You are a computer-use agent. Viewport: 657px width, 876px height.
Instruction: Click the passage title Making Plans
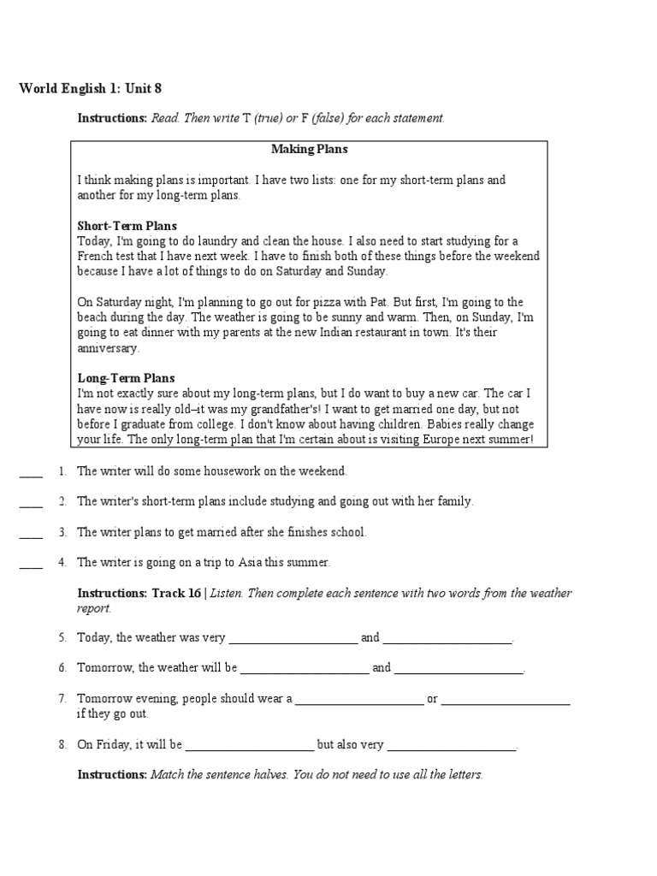(310, 149)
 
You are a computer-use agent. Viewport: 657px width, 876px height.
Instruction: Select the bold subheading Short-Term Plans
(127, 226)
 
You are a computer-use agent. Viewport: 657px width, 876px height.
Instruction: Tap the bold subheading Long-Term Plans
(126, 378)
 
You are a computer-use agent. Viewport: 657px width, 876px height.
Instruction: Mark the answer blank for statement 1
(31, 472)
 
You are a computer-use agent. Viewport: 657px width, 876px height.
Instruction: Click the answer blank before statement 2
(31, 502)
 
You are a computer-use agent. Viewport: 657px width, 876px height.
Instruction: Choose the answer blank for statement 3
(31, 533)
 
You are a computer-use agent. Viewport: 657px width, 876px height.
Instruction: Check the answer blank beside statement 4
(31, 563)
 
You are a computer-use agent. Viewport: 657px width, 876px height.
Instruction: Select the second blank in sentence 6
(459, 668)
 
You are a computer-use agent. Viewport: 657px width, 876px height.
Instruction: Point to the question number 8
(62, 744)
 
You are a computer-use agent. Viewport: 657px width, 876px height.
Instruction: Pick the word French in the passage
(94, 256)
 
